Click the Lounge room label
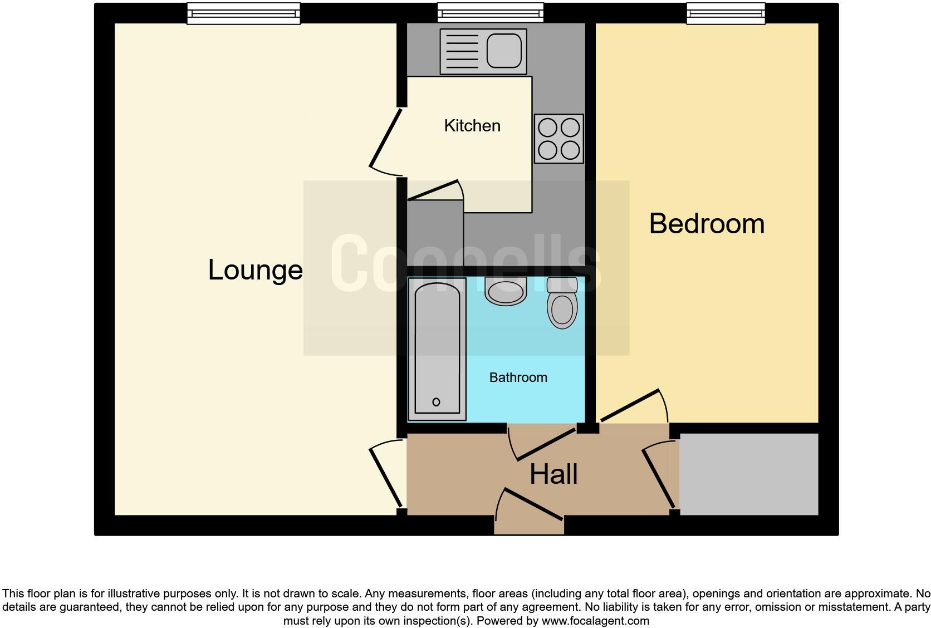pyautogui.click(x=255, y=270)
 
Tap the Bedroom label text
pyautogui.click(x=706, y=224)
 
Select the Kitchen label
pyautogui.click(x=472, y=126)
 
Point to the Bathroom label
pyautogui.click(x=518, y=377)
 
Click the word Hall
pyautogui.click(x=553, y=474)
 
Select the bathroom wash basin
pyautogui.click(x=506, y=292)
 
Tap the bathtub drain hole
pyautogui.click(x=436, y=402)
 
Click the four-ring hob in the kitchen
pyautogui.click(x=558, y=139)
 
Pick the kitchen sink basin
pyautogui.click(x=505, y=51)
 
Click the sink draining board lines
pyautogui.click(x=460, y=51)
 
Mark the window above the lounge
pyautogui.click(x=243, y=13)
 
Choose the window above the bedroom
pyautogui.click(x=725, y=13)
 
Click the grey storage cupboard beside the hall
pyautogui.click(x=748, y=474)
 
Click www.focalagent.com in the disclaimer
pyautogui.click(x=595, y=621)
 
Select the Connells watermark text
pyautogui.click(x=465, y=263)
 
